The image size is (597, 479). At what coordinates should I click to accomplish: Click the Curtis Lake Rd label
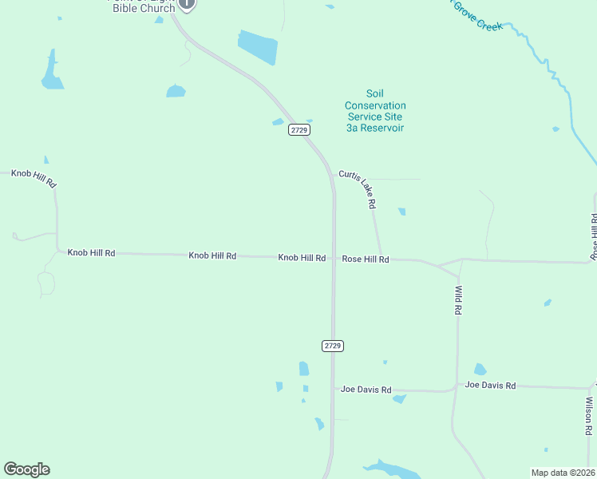point(358,189)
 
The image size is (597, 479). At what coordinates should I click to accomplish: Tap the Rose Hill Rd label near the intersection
point(366,259)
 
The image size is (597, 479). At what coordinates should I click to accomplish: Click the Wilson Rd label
point(588,416)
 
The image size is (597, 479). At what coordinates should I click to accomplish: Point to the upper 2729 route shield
point(299,130)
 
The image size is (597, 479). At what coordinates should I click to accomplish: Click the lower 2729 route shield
point(334,346)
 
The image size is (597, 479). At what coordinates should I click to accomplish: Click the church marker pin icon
point(186,4)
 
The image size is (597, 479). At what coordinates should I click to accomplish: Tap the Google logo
point(26,469)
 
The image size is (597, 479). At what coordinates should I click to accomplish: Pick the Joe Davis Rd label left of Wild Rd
point(366,390)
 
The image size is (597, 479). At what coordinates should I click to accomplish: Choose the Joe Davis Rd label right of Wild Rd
point(490,386)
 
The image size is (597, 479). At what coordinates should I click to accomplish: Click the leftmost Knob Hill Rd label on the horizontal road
point(91,253)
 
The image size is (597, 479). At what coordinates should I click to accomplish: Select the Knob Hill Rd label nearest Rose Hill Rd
point(302,258)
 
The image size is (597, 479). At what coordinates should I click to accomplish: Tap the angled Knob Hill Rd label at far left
point(34,177)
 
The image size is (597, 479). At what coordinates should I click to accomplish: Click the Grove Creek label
point(477,15)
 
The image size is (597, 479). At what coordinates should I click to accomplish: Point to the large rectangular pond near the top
point(257,47)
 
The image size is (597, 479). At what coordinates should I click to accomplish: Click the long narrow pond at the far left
point(52,71)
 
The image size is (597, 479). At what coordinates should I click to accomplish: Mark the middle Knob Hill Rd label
point(212,255)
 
